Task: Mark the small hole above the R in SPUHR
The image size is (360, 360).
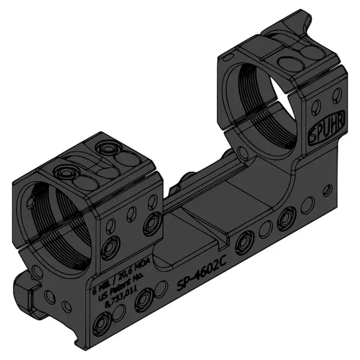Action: pos(337,94)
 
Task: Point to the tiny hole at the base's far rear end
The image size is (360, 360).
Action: pos(327,190)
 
